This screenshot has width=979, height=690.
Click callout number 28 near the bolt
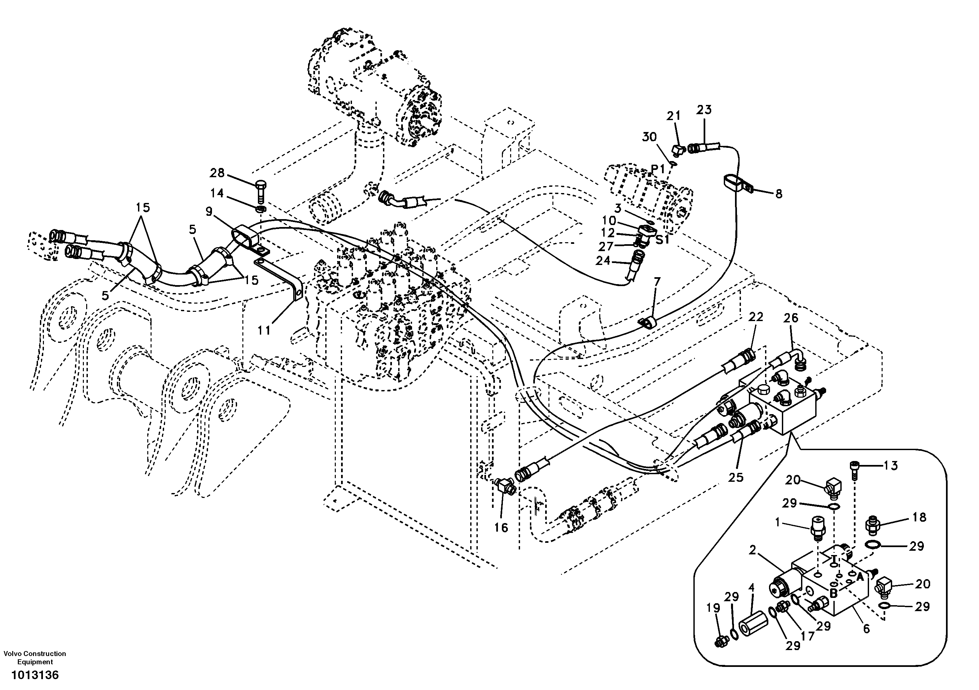217,173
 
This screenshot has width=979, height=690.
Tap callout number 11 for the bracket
264,330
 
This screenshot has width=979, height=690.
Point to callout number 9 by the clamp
209,212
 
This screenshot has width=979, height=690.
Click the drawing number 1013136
35,675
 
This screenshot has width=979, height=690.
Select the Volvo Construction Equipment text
35,658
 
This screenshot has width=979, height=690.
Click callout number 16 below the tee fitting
502,528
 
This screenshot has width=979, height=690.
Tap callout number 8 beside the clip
779,194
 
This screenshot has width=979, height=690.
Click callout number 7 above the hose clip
657,281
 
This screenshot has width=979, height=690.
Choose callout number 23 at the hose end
704,110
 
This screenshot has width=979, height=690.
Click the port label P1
657,169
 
